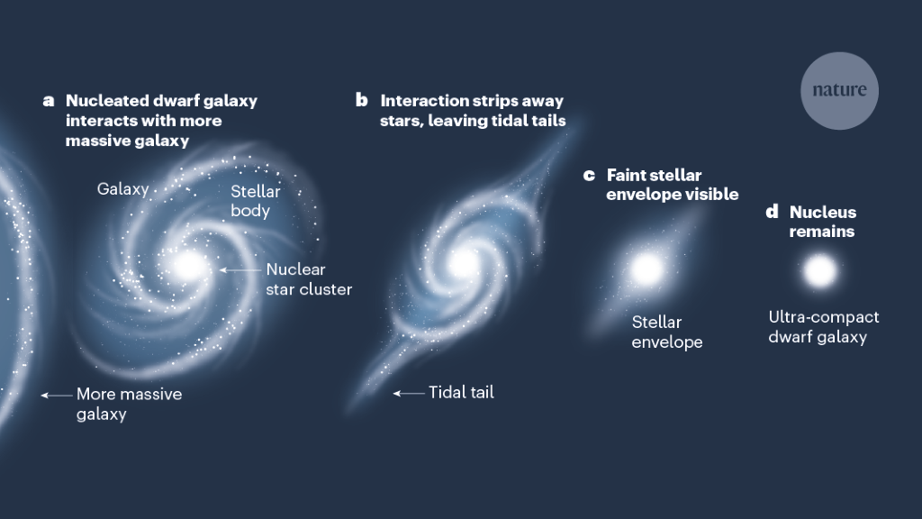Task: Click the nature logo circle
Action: (x=839, y=90)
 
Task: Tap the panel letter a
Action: (x=49, y=100)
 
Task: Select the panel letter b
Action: (x=362, y=100)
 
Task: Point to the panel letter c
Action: (x=590, y=175)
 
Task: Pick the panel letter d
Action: (x=772, y=213)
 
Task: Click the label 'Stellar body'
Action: (x=256, y=201)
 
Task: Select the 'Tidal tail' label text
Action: (x=461, y=392)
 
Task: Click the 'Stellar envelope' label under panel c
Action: (x=666, y=332)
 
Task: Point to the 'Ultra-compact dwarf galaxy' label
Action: (x=823, y=327)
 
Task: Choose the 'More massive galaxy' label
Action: (x=129, y=404)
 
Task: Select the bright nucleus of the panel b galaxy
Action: (x=464, y=262)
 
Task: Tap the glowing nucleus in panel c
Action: (x=646, y=268)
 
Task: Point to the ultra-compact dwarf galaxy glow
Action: (x=819, y=270)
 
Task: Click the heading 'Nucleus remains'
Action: (x=822, y=222)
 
